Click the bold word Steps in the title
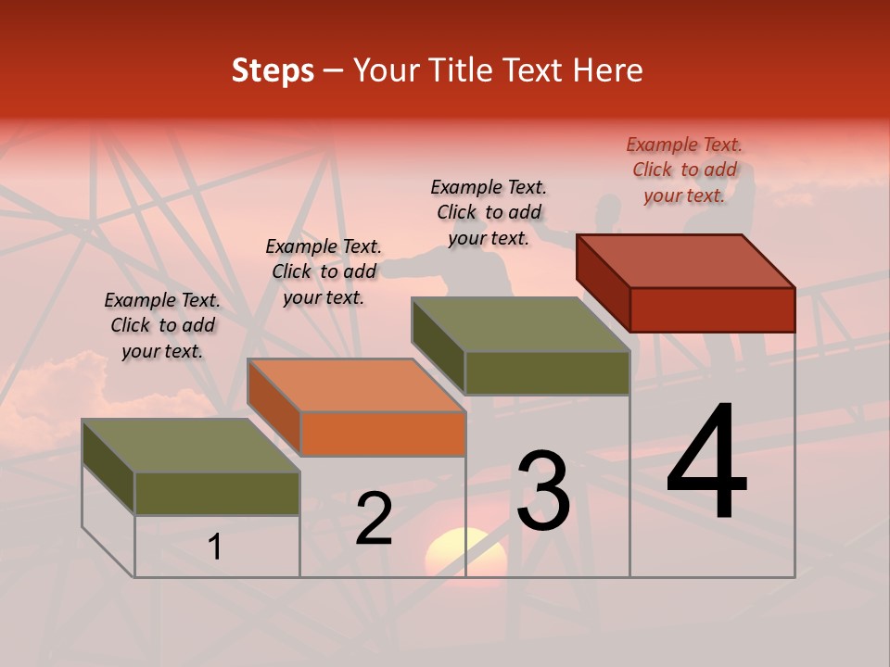(x=273, y=70)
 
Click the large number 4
(x=706, y=463)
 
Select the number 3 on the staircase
(x=543, y=491)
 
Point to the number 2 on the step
(x=375, y=520)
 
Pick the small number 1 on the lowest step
(x=215, y=547)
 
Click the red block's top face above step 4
(x=686, y=261)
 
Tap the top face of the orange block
(x=356, y=385)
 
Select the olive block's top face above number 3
(x=521, y=324)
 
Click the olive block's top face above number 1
(x=191, y=446)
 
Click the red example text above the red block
(x=684, y=170)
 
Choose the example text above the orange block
(x=324, y=271)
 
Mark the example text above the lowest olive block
(x=162, y=325)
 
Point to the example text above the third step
(x=489, y=212)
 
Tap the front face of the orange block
(x=383, y=434)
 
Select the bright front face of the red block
(x=712, y=309)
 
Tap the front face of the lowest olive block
(x=217, y=493)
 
